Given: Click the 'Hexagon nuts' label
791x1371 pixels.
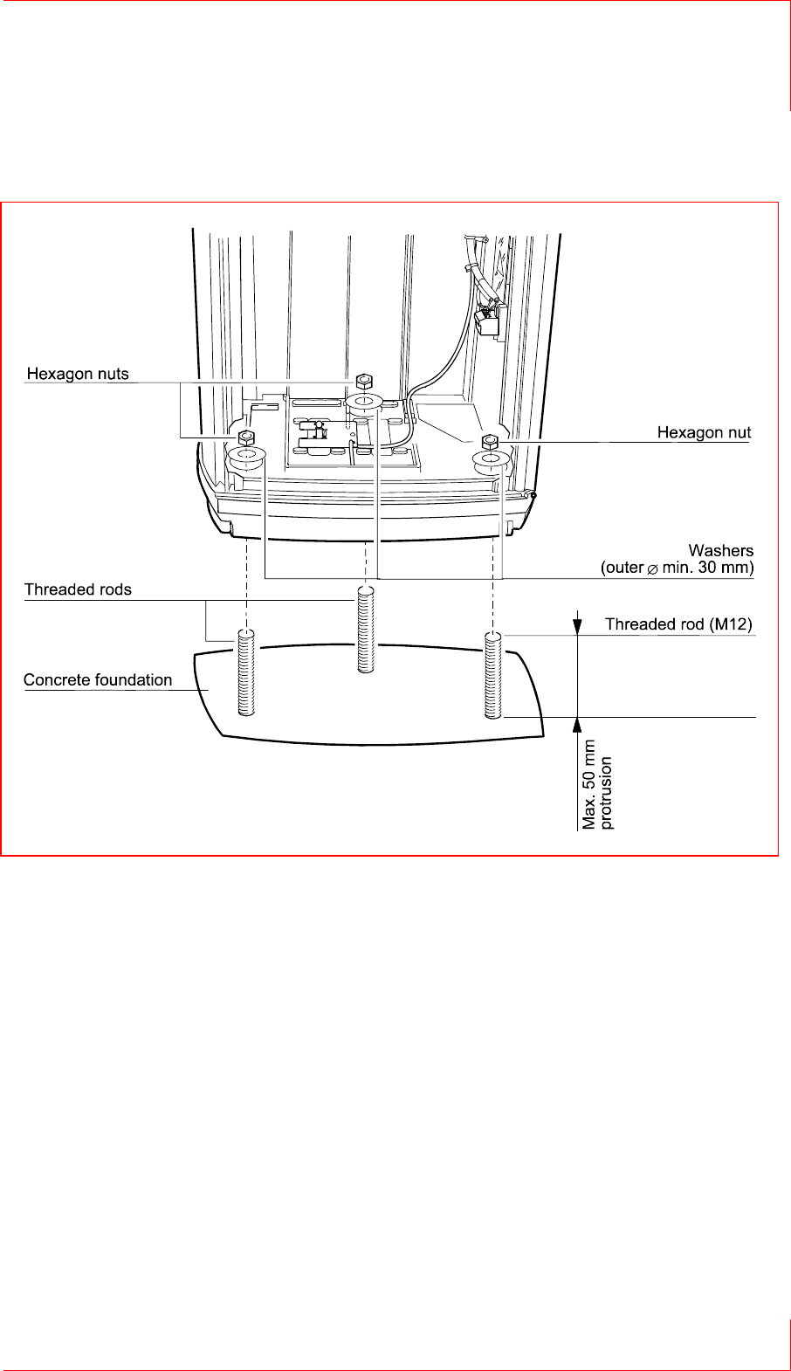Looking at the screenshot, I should (x=78, y=374).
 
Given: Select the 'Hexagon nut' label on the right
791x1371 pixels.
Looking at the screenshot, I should (x=704, y=432).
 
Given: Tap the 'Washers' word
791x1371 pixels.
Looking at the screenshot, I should (x=720, y=550).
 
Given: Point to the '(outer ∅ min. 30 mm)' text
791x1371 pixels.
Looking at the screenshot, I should (x=677, y=568).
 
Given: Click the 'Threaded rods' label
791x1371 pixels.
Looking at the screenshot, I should (x=78, y=589).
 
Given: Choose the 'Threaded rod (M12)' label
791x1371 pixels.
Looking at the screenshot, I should (x=678, y=624).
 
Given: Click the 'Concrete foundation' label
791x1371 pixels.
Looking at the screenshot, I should (x=98, y=679).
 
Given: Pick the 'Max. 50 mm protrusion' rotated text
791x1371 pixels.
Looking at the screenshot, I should (x=598, y=784).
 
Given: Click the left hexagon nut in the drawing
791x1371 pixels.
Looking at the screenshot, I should (x=246, y=437).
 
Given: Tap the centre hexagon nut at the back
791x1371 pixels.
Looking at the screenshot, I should (x=365, y=381).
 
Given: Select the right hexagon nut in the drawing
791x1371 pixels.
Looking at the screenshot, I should (x=489, y=439).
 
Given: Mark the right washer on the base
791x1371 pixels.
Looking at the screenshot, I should (x=491, y=459).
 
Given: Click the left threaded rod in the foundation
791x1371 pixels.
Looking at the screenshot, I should (x=246, y=672).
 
